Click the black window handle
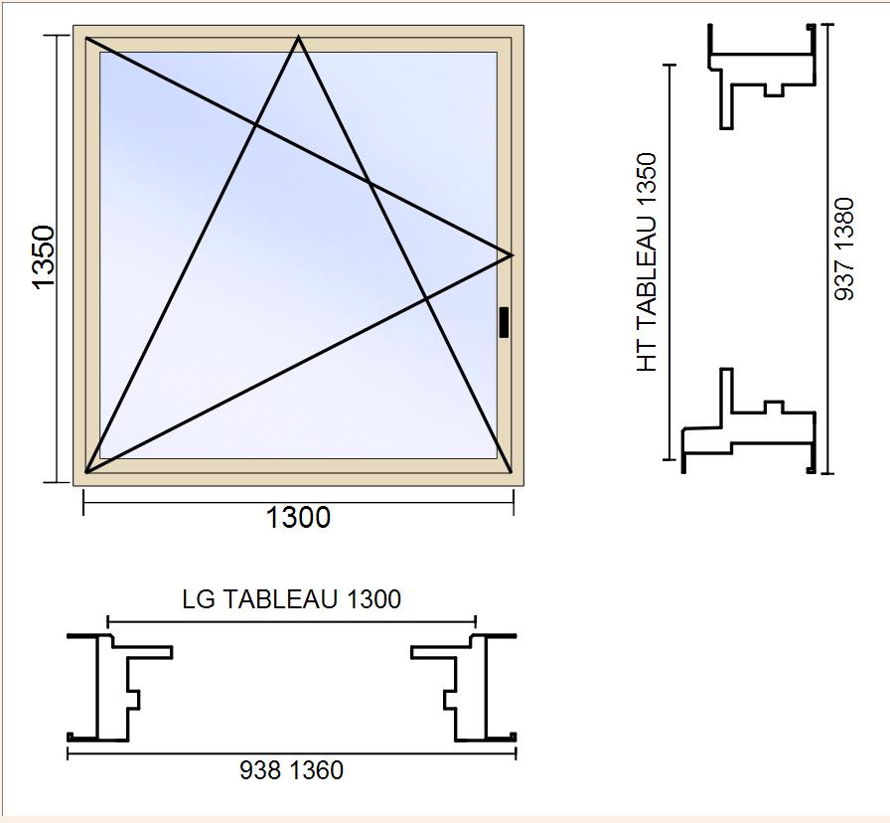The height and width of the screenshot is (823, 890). pyautogui.click(x=504, y=322)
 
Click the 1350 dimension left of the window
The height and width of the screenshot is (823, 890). pyautogui.click(x=43, y=257)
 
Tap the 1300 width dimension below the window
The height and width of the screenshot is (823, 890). pyautogui.click(x=298, y=518)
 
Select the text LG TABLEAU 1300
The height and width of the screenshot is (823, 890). pyautogui.click(x=291, y=599)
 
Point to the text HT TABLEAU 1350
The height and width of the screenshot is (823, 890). pyautogui.click(x=647, y=262)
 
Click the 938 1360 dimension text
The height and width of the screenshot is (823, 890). pyautogui.click(x=291, y=770)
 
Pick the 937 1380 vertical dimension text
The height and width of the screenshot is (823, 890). pyautogui.click(x=844, y=248)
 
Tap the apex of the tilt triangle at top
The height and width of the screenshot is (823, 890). pyautogui.click(x=299, y=37)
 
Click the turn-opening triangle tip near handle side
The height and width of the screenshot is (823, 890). pyautogui.click(x=512, y=255)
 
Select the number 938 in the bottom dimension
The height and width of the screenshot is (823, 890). pyautogui.click(x=260, y=770)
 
